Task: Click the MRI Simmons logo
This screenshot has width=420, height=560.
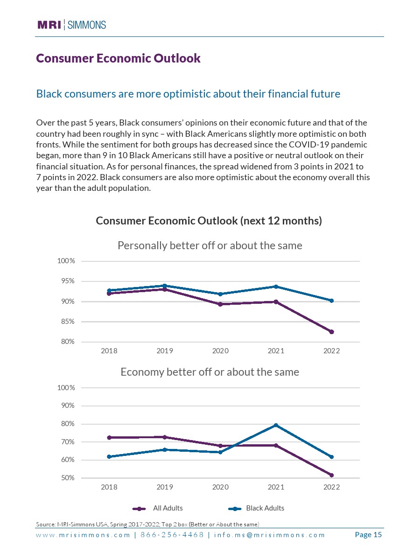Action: click(71, 25)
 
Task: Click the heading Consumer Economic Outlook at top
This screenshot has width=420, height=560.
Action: click(118, 58)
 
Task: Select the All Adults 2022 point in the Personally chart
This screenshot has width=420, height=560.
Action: click(332, 332)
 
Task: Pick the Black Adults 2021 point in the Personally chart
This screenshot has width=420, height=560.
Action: click(276, 287)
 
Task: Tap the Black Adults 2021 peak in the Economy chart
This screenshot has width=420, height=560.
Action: click(276, 425)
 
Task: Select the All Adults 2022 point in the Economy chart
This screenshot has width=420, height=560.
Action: click(332, 475)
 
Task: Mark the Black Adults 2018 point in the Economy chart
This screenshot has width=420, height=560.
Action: click(109, 456)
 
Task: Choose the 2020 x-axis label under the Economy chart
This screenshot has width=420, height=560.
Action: click(220, 487)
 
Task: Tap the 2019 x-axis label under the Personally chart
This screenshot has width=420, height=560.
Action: click(165, 351)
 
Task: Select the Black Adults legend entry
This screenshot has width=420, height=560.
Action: click(265, 508)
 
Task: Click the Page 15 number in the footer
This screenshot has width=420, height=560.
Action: click(368, 535)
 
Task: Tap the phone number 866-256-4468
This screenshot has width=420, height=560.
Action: click(172, 535)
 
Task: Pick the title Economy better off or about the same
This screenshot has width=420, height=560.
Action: click(210, 372)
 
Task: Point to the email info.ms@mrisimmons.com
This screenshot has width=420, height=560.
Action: click(269, 535)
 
